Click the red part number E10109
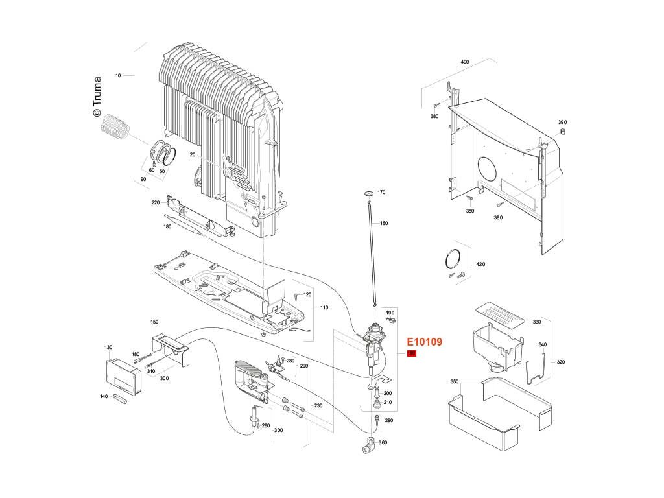424,342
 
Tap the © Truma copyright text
97,97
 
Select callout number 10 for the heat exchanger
118,76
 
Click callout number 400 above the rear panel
464,62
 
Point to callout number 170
381,193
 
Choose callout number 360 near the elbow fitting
383,443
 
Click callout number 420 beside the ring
480,265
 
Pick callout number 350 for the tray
455,382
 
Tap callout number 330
536,322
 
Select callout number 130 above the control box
108,348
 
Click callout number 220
156,203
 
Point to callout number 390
562,122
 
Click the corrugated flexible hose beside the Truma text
116,126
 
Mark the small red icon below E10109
411,353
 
